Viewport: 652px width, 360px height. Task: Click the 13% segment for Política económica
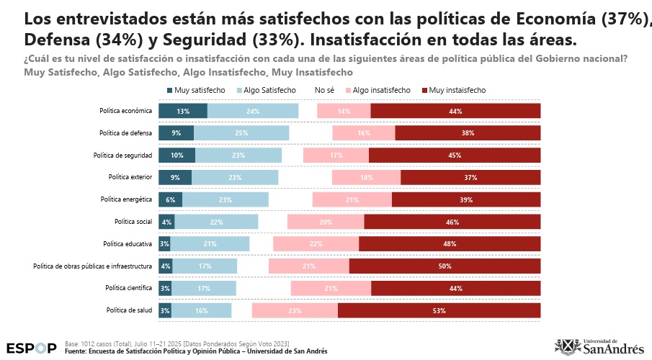(x=183, y=111)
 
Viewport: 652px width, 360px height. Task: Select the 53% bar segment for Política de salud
(x=439, y=310)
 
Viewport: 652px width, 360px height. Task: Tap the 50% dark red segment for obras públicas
(x=445, y=266)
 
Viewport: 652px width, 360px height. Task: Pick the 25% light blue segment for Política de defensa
(x=241, y=133)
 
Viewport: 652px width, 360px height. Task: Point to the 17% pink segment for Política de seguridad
(x=336, y=156)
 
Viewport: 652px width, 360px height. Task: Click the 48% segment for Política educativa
(x=450, y=244)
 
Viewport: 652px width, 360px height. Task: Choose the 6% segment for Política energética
(x=171, y=199)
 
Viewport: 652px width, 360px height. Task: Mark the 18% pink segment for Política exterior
(x=366, y=177)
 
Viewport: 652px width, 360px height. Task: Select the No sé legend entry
(x=324, y=90)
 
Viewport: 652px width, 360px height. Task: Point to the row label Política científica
(x=128, y=288)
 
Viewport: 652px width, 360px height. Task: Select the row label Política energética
(x=125, y=199)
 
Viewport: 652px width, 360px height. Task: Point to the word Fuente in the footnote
(x=76, y=351)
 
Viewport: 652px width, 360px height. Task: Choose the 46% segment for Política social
(x=452, y=222)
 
